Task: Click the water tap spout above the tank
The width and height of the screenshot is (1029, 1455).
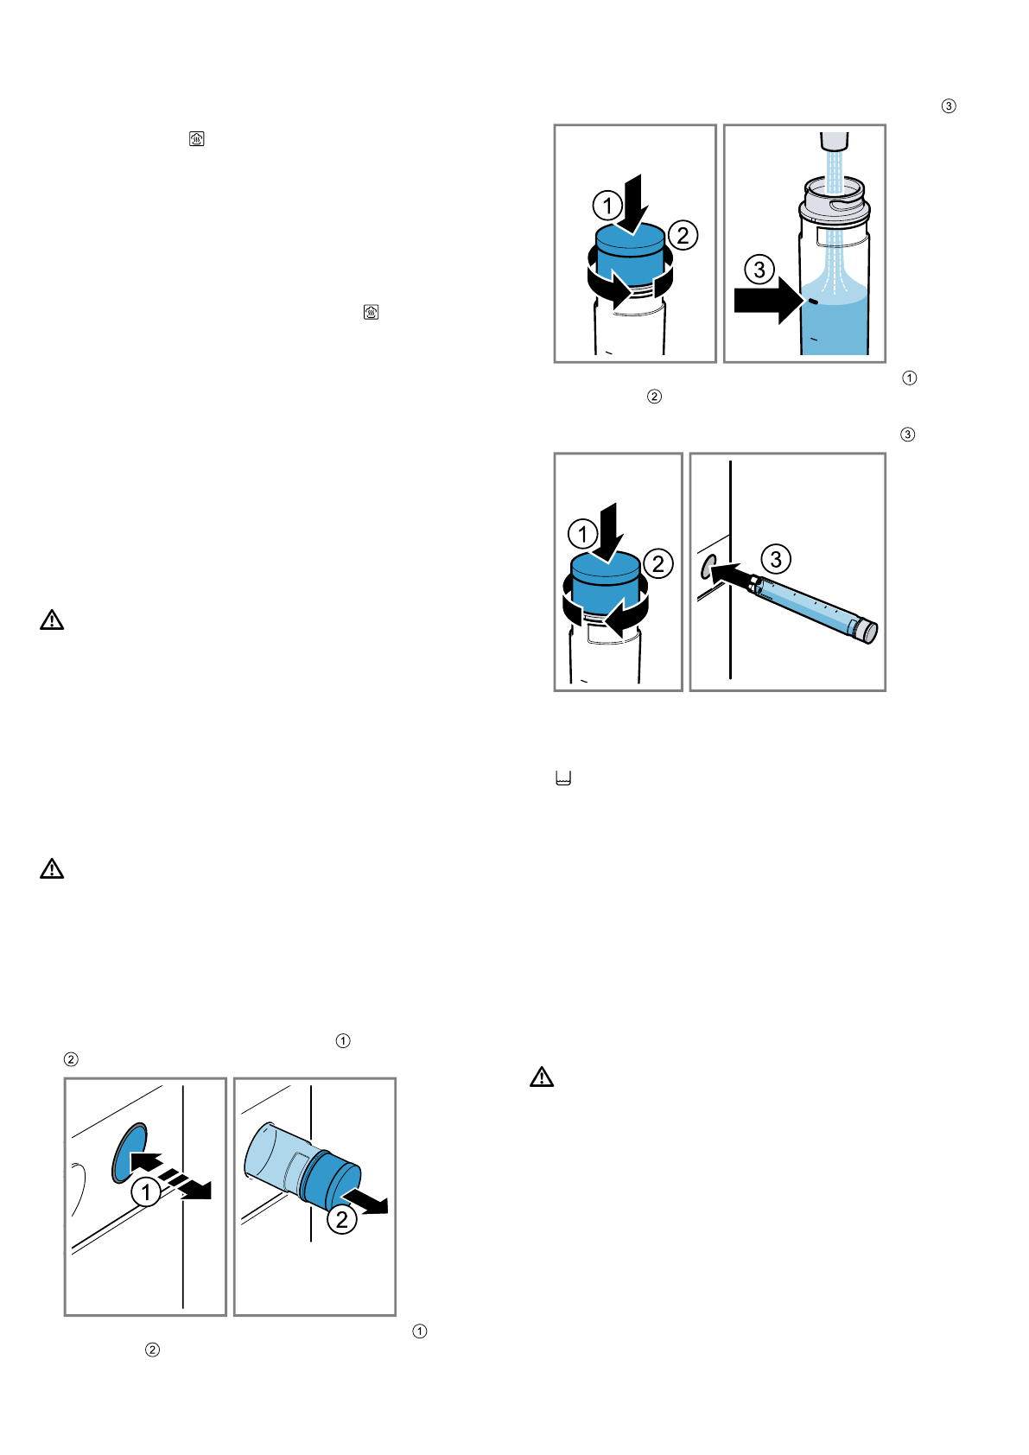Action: (x=834, y=140)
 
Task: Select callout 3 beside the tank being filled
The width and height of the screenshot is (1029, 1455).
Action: (x=759, y=270)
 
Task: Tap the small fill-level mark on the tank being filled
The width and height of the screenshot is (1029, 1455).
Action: (x=813, y=302)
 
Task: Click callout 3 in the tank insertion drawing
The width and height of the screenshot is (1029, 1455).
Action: (x=776, y=559)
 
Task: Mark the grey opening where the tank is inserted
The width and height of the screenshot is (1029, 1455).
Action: (x=709, y=567)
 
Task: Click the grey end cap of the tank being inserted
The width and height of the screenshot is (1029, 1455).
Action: (x=865, y=629)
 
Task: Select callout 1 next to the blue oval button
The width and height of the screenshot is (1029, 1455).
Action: (x=146, y=1193)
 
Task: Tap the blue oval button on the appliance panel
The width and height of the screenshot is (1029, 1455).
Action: (x=129, y=1152)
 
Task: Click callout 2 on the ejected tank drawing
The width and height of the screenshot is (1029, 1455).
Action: (x=342, y=1219)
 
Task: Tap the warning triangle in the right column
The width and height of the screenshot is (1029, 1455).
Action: (x=542, y=1077)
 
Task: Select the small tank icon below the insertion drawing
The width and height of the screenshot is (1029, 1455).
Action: (x=563, y=778)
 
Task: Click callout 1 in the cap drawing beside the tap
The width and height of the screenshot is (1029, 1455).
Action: (x=607, y=206)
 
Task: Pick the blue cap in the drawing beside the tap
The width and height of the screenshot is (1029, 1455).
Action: (x=632, y=250)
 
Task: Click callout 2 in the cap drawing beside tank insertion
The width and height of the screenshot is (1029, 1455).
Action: (x=658, y=564)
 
